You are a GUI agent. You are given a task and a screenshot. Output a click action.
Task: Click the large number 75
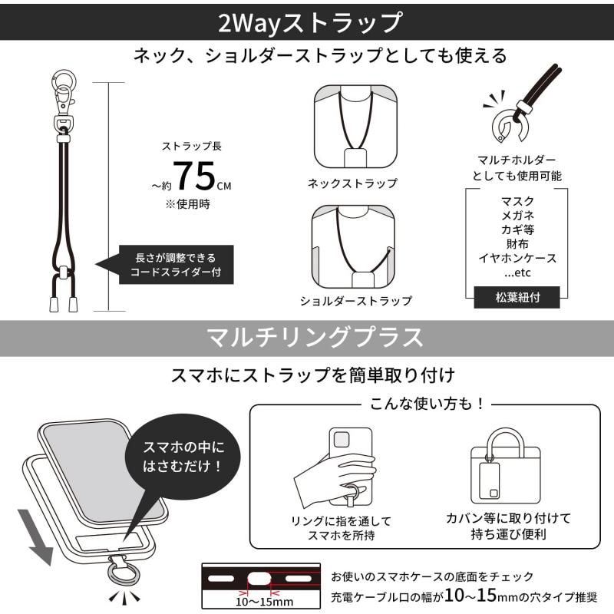(x=196, y=176)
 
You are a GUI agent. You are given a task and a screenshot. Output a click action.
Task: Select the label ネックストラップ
(x=352, y=183)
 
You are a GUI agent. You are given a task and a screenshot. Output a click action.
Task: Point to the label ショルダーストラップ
(x=355, y=301)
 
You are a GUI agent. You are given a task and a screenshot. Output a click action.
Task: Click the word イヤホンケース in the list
(x=517, y=258)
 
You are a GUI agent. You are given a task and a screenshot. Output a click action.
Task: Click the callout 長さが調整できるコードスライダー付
(x=175, y=265)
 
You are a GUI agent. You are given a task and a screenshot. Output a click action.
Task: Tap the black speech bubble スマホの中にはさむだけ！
(x=183, y=457)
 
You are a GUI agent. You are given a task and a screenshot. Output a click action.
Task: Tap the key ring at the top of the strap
(x=64, y=80)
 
